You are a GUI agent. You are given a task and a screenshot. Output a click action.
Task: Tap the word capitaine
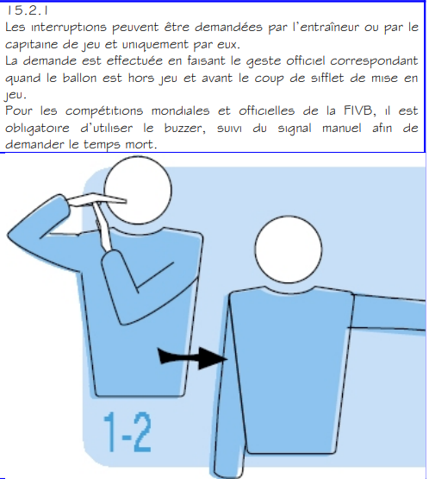(x=34, y=43)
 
